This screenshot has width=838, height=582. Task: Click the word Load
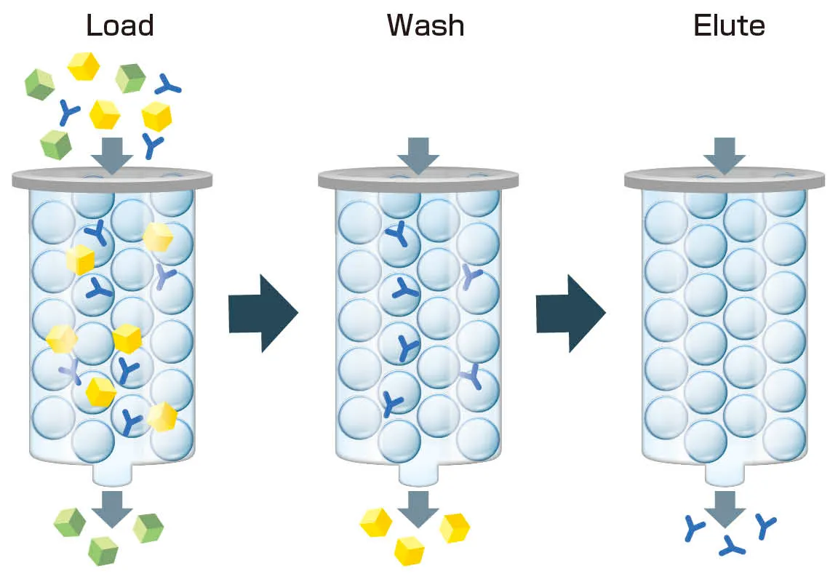(120, 25)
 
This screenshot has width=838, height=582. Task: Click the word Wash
(426, 25)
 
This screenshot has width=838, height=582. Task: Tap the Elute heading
(729, 25)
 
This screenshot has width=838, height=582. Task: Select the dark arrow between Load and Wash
(263, 313)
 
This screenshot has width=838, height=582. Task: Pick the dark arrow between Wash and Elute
(570, 313)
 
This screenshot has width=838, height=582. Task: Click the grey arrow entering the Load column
(112, 155)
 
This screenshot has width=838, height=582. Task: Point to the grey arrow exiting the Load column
(112, 509)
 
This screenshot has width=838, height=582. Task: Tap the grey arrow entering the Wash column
(418, 155)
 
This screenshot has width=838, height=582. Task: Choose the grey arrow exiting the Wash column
(418, 509)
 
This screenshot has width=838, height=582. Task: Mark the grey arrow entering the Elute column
(725, 155)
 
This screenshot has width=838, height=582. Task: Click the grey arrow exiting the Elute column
(725, 509)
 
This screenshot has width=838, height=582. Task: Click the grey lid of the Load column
(112, 180)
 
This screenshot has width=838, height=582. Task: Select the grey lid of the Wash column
(418, 180)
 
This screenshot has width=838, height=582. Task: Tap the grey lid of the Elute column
(725, 180)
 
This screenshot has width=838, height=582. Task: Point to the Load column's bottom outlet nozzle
(112, 474)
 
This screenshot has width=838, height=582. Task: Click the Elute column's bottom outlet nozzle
(725, 474)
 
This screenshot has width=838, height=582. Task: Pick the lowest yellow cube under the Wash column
(410, 551)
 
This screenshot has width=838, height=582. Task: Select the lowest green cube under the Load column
(103, 551)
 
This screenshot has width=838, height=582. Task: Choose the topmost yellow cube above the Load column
(84, 66)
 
